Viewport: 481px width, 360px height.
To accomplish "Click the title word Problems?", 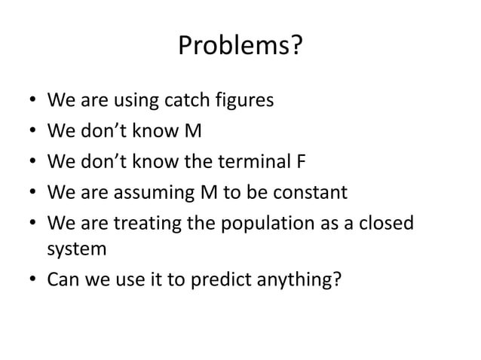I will (240, 47).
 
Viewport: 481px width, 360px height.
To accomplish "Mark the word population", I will (261, 225).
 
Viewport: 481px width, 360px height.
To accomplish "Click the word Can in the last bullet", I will (62, 279).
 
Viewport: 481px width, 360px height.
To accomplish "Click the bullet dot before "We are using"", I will (30, 102).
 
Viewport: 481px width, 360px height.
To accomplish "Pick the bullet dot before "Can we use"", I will (30, 279).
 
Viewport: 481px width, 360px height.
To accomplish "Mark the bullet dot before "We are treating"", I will (30, 225).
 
